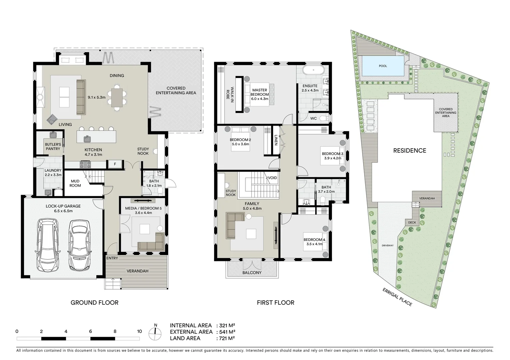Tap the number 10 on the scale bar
tap(139, 331)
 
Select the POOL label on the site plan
tap(383, 66)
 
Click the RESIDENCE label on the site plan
tap(410, 151)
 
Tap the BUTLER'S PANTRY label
tap(53, 147)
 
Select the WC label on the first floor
tap(314, 118)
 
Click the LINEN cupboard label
tap(276, 140)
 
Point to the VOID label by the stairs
tap(272, 178)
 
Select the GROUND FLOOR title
tap(94, 303)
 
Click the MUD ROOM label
tap(75, 183)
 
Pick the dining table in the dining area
tap(117, 97)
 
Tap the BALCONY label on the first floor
tap(252, 273)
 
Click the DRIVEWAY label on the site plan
tap(388, 245)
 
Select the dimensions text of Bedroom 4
tap(315, 244)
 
